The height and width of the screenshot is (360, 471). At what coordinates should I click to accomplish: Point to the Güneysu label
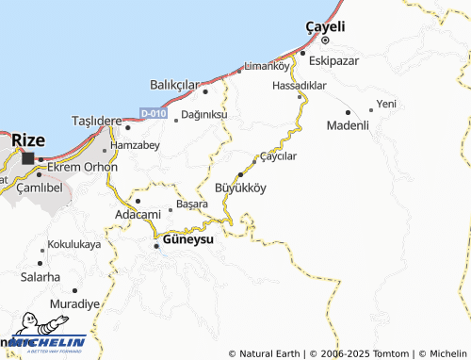188,240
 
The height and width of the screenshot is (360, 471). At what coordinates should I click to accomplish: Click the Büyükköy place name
241,188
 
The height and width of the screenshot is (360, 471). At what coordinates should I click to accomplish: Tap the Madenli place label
348,125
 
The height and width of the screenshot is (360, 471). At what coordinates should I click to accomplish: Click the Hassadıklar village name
299,85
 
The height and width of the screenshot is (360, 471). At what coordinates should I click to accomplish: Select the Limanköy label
267,66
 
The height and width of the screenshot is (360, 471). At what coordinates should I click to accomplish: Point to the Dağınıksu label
204,115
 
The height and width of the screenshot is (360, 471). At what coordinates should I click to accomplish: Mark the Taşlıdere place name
98,122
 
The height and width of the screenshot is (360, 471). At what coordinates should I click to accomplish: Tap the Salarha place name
41,277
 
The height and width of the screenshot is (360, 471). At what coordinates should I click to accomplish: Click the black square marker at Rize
28,158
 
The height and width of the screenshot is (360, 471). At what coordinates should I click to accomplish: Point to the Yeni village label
386,103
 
